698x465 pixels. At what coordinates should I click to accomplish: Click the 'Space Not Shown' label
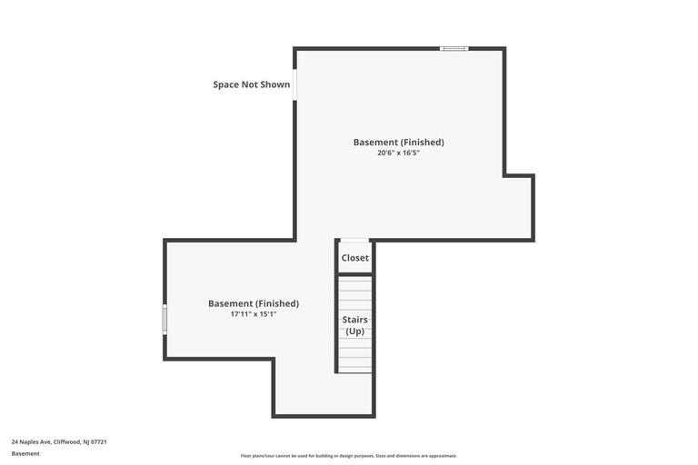pyautogui.click(x=252, y=84)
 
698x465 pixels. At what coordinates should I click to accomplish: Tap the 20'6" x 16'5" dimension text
pyautogui.click(x=398, y=153)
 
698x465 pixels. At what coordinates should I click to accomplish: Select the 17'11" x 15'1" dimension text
pyautogui.click(x=253, y=314)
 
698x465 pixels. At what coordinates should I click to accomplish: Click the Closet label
pyautogui.click(x=355, y=258)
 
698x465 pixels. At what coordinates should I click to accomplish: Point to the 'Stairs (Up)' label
pyautogui.click(x=355, y=325)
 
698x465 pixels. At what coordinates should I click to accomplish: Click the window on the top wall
pyautogui.click(x=454, y=48)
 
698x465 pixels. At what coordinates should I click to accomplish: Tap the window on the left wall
pyautogui.click(x=165, y=320)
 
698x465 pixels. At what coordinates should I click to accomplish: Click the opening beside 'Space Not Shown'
pyautogui.click(x=294, y=84)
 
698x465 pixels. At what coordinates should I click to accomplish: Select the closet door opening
pyautogui.click(x=355, y=241)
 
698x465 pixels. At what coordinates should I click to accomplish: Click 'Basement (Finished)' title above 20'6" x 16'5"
pyautogui.click(x=398, y=142)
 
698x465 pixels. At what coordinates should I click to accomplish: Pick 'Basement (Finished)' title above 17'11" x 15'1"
pyautogui.click(x=253, y=303)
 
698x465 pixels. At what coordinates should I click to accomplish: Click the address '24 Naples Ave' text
pyautogui.click(x=31, y=441)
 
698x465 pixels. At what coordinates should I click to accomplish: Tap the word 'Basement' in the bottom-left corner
pyautogui.click(x=25, y=453)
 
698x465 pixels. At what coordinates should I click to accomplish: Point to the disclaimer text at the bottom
pyautogui.click(x=349, y=456)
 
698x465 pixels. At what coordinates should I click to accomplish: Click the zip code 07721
pyautogui.click(x=99, y=441)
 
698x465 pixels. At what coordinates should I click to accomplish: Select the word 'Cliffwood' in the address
pyautogui.click(x=67, y=441)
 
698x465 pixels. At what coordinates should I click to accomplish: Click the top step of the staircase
pyautogui.click(x=355, y=280)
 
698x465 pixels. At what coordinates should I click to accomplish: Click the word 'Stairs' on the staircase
pyautogui.click(x=355, y=320)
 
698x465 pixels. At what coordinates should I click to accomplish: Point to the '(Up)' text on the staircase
pyautogui.click(x=355, y=331)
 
